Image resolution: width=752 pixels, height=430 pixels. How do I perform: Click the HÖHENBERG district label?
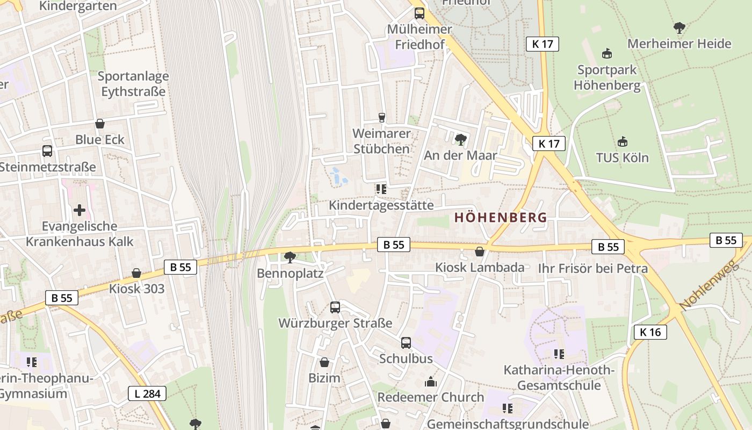[500, 218]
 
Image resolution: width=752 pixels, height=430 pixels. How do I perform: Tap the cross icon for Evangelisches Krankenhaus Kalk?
[79, 210]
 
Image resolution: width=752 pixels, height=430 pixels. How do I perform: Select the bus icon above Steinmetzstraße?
[47, 151]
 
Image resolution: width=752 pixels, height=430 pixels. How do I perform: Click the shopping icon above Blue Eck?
[99, 124]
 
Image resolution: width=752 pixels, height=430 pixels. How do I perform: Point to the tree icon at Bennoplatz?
[290, 257]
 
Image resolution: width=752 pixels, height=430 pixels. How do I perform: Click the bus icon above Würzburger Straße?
[335, 307]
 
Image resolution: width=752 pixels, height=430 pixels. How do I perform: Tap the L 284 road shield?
[147, 393]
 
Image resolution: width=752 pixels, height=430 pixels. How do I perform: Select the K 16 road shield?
[650, 332]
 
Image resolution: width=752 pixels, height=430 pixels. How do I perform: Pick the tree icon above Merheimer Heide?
[679, 27]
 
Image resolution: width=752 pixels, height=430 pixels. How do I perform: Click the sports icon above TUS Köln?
[622, 142]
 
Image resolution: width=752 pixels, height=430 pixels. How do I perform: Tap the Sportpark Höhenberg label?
[607, 77]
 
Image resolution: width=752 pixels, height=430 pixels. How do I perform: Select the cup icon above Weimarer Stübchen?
[382, 117]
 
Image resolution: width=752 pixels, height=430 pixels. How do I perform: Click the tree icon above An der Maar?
[460, 140]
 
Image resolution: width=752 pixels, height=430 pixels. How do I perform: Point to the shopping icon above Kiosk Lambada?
[480, 251]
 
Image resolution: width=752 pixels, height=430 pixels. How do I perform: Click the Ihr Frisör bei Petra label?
[593, 268]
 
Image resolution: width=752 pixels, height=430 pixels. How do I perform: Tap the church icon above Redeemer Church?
[430, 382]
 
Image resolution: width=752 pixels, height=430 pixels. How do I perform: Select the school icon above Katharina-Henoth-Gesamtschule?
[559, 354]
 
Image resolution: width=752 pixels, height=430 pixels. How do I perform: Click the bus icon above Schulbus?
[406, 342]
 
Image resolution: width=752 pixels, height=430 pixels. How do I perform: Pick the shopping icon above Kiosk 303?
[136, 273]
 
